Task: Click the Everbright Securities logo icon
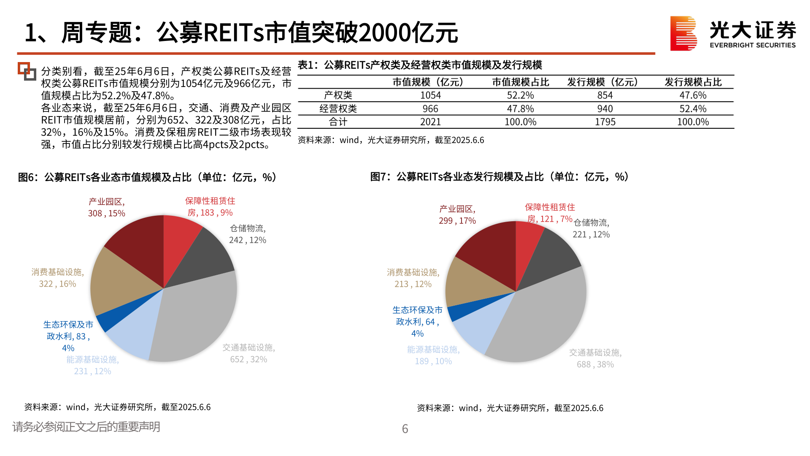tap(683, 33)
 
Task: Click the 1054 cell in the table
tap(430, 95)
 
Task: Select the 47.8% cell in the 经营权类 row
tap(520, 109)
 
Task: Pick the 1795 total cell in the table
tap(605, 122)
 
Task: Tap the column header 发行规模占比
tap(693, 82)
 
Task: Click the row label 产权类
tap(338, 95)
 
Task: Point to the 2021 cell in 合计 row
tap(430, 122)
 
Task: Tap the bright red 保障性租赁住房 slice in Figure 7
tap(527, 241)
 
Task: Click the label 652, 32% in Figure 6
tap(248, 359)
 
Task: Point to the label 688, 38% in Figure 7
tap(595, 364)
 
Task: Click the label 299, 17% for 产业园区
tap(457, 221)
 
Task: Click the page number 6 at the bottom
tap(405, 429)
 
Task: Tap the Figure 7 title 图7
tap(378, 177)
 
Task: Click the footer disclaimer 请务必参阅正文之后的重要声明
tap(86, 427)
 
